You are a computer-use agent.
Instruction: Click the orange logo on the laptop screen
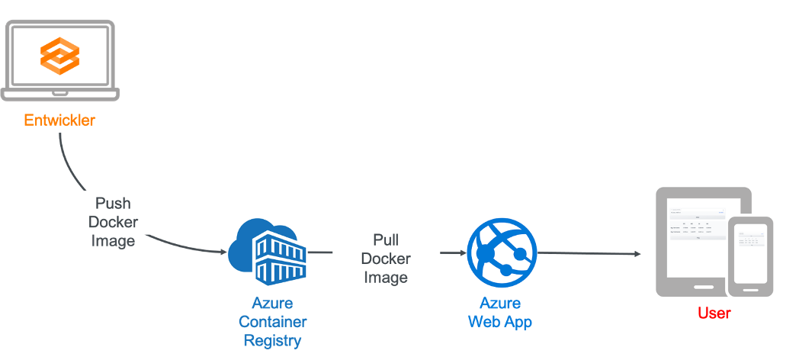(59, 56)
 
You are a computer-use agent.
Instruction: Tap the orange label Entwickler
(59, 121)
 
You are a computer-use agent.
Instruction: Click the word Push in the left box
(113, 204)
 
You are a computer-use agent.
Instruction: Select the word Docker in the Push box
(113, 222)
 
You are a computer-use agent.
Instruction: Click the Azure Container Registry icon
(267, 250)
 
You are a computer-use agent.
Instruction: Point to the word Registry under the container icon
(272, 340)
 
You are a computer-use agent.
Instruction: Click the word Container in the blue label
(272, 322)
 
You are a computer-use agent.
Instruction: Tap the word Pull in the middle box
(386, 240)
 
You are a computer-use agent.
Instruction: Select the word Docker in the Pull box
(386, 259)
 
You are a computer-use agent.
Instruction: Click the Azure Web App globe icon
(501, 252)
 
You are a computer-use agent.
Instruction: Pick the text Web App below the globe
(500, 322)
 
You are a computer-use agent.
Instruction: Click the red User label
(714, 313)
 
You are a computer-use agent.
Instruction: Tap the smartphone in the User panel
(750, 256)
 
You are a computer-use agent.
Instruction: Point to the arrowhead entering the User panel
(635, 254)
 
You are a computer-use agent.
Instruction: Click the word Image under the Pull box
(386, 278)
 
